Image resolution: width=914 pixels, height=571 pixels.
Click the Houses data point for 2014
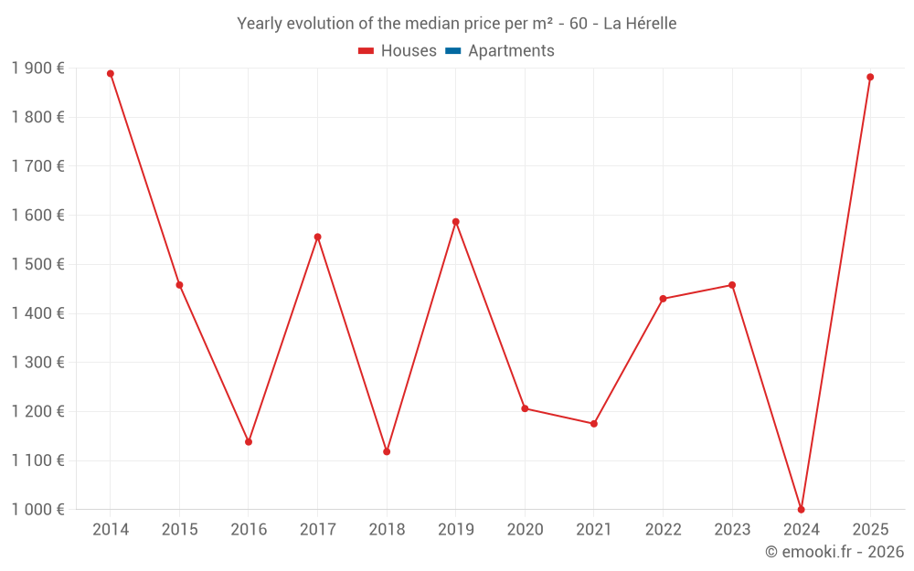(x=111, y=74)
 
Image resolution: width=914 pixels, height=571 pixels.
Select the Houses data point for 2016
(x=249, y=442)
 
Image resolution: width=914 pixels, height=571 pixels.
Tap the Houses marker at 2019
(x=456, y=222)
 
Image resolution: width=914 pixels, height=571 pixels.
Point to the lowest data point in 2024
(x=802, y=510)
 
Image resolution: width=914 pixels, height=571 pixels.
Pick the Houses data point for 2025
(x=870, y=78)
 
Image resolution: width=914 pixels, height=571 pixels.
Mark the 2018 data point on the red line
(x=387, y=451)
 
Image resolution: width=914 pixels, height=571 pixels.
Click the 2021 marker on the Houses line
(x=594, y=424)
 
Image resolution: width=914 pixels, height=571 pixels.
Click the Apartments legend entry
(x=511, y=51)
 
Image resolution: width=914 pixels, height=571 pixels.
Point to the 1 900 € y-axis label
(x=37, y=69)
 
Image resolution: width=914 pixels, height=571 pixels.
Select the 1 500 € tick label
(x=37, y=264)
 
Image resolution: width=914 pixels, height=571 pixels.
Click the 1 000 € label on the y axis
(x=37, y=510)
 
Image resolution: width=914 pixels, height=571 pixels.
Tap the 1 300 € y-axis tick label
(x=37, y=363)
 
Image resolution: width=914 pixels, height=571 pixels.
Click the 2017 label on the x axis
(x=317, y=530)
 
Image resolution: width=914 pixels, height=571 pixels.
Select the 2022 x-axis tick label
(x=663, y=530)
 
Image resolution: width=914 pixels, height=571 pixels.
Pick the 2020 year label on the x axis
(x=525, y=530)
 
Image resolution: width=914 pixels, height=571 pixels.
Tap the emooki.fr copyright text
(x=834, y=552)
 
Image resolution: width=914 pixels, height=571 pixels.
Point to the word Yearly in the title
(x=260, y=24)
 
